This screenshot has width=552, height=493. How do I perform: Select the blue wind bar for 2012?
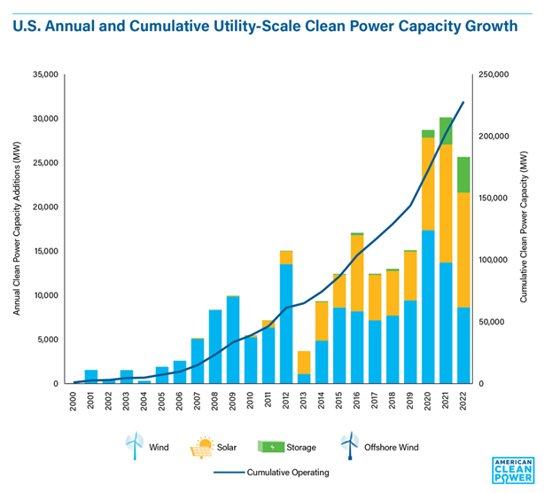(285, 324)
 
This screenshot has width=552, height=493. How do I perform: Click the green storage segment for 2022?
(463, 175)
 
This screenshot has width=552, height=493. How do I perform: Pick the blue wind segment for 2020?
(428, 307)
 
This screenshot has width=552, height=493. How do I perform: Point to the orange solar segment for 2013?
(304, 362)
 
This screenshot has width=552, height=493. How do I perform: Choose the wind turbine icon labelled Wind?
(134, 446)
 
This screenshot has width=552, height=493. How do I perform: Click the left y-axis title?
(17, 229)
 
